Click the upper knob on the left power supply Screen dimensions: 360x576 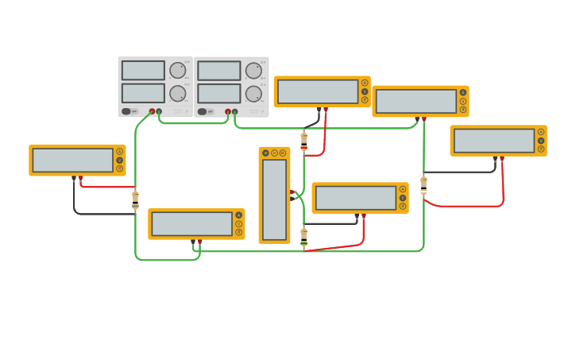click(x=177, y=70)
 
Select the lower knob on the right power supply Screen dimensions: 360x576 click(x=253, y=94)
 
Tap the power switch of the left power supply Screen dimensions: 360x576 click(x=126, y=111)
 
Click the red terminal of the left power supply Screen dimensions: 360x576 click(x=152, y=112)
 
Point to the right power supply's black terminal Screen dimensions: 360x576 click(x=234, y=112)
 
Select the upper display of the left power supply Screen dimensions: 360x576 click(x=143, y=71)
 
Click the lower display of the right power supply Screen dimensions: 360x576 click(x=219, y=94)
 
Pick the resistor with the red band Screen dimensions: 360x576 click(x=303, y=141)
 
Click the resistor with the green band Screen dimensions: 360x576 click(x=303, y=237)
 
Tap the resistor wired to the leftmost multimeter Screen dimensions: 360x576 click(x=135, y=199)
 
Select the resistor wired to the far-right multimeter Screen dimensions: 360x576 click(x=423, y=184)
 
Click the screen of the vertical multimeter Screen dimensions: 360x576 click(x=274, y=199)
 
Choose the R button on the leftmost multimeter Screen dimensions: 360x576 click(x=120, y=169)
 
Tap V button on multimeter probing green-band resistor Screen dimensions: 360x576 click(x=403, y=198)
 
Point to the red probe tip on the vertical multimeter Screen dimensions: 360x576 click(x=292, y=192)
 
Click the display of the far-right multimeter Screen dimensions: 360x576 click(x=494, y=141)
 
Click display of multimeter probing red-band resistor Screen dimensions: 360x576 click(x=318, y=92)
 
